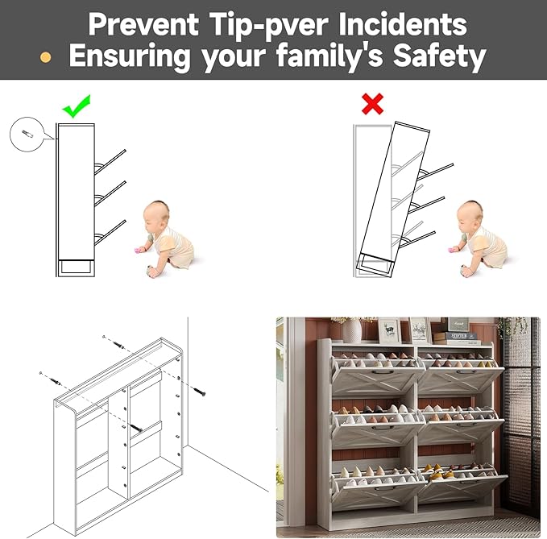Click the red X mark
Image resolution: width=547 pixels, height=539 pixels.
point(372,104)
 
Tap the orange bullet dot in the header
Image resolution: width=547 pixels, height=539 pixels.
point(45,57)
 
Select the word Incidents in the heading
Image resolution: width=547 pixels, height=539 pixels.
point(403,24)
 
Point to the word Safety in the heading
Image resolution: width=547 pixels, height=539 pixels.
point(440,56)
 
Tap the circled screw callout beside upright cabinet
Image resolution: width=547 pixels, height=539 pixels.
point(27,135)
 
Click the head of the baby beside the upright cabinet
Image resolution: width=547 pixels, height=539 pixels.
point(157,214)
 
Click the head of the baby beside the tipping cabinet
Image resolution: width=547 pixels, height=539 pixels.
point(470,214)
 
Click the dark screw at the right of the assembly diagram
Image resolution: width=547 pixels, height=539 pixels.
point(198,392)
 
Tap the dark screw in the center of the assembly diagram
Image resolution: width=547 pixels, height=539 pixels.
point(136,427)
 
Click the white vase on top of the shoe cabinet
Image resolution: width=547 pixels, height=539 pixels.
point(351,330)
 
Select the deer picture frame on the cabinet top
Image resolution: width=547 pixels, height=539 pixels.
point(389,330)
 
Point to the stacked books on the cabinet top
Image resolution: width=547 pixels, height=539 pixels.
point(456,338)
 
